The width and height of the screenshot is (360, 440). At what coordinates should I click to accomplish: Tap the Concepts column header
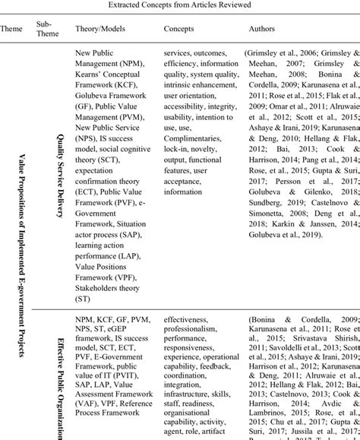click(179, 28)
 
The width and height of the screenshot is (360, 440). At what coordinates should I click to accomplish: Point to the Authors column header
click(263, 28)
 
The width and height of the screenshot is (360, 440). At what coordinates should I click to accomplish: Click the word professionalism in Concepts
click(191, 332)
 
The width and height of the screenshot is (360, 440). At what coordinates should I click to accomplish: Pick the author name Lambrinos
click(266, 407)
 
